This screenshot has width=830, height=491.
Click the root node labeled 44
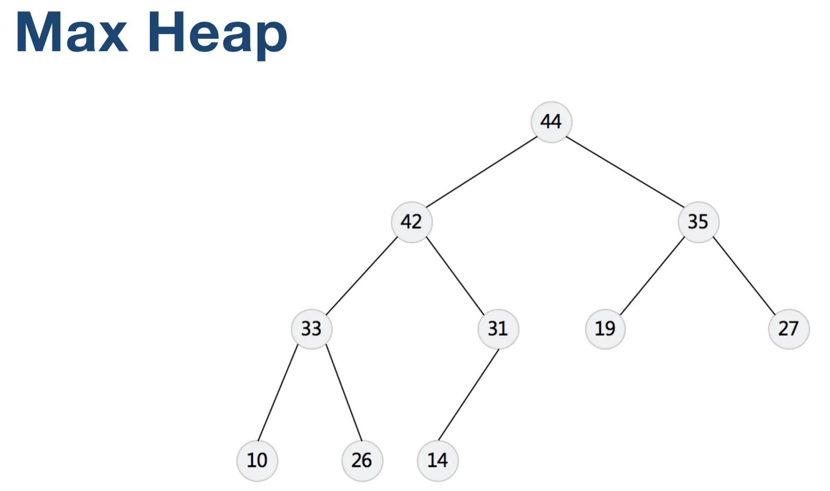click(551, 122)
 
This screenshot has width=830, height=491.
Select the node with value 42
click(412, 222)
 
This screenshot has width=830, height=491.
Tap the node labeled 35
click(698, 222)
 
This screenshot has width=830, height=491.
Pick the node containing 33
click(312, 329)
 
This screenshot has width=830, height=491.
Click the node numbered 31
click(498, 329)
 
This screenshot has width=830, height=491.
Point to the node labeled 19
click(605, 329)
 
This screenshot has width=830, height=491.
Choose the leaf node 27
click(788, 329)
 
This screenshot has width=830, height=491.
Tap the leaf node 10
click(257, 460)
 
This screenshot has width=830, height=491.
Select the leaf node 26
click(362, 460)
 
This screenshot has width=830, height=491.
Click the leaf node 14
click(437, 460)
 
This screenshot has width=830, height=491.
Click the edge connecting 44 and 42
click(481, 172)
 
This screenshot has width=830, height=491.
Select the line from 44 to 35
click(625, 172)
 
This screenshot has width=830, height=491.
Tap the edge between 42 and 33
click(361, 276)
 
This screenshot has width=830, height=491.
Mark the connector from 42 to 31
click(455, 276)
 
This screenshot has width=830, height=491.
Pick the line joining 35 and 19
click(652, 276)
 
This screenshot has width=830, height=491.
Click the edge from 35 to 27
click(744, 276)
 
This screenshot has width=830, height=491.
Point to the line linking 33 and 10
click(277, 393)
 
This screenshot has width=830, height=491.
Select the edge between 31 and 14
click(468, 395)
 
